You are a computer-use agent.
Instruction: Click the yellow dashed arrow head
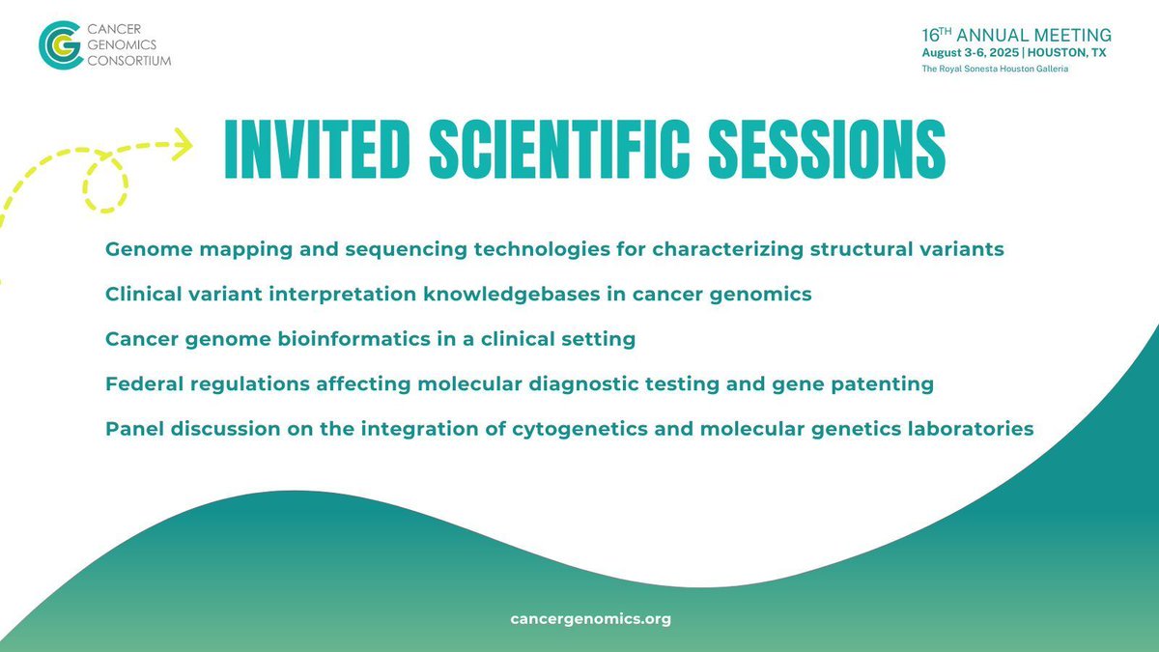click(182, 147)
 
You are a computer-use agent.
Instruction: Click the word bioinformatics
click(311, 339)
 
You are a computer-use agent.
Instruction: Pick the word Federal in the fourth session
click(141, 383)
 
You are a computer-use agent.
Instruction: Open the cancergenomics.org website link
click(590, 619)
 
